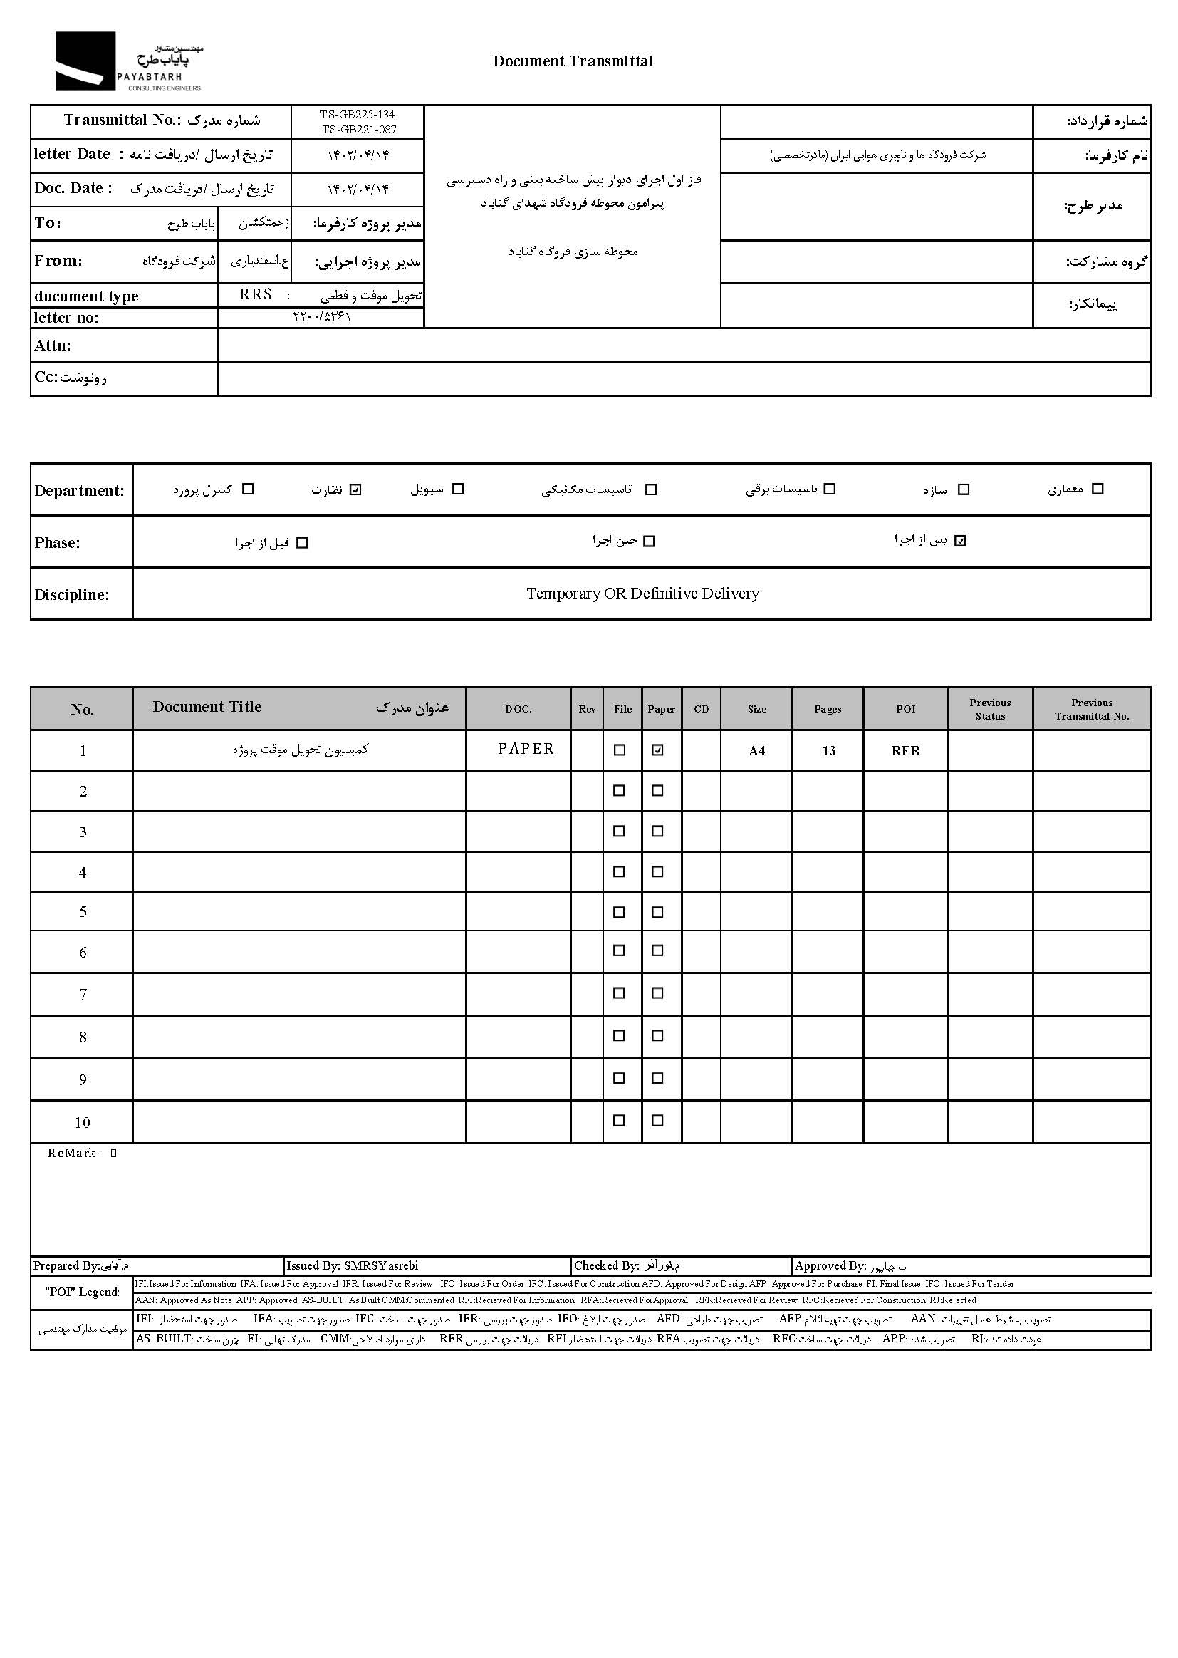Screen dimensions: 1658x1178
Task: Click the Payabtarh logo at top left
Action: click(x=128, y=62)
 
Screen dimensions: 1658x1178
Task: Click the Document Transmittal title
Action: click(x=573, y=61)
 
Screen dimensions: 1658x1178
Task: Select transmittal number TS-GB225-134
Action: click(x=357, y=115)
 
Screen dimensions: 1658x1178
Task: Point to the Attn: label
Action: click(x=52, y=346)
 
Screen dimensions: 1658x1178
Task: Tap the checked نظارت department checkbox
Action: click(x=355, y=489)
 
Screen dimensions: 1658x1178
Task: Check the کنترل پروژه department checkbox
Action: click(x=248, y=489)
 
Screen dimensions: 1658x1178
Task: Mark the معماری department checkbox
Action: click(x=1098, y=489)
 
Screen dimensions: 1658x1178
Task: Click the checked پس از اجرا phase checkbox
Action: click(x=960, y=541)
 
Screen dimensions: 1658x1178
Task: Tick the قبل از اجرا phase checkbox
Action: click(x=303, y=543)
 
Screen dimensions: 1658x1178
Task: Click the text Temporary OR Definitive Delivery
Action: click(x=642, y=594)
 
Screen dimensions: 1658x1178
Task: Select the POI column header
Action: click(x=905, y=709)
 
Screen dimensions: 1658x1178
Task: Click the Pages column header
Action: click(x=828, y=709)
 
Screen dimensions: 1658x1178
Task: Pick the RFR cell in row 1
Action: click(x=905, y=751)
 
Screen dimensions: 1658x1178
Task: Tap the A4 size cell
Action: click(x=756, y=751)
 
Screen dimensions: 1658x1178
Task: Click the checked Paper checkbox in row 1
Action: click(x=657, y=750)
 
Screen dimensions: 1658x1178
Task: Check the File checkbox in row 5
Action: click(x=619, y=912)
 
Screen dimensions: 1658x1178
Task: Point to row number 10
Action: click(x=82, y=1123)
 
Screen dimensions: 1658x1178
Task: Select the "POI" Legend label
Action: click(x=82, y=1292)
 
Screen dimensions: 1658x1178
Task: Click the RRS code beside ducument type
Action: click(x=256, y=294)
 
